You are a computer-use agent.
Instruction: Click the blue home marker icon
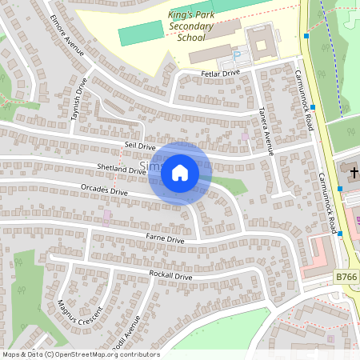pos(179,173)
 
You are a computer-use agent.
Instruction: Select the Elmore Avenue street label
pos(66,36)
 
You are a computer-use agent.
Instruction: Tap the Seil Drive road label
pos(139,146)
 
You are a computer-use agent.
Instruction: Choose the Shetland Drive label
pos(121,169)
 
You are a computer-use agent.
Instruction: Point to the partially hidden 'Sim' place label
pos(150,166)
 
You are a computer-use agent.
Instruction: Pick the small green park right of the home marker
pos(230,186)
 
